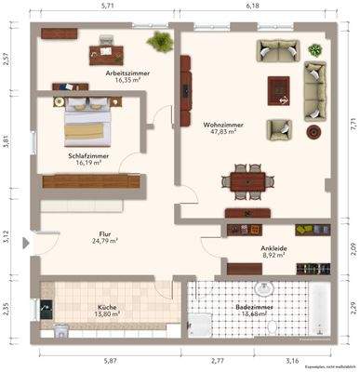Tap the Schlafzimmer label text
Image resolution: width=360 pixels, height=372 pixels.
click(x=88, y=156)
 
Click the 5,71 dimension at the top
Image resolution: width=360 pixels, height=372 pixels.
click(x=106, y=6)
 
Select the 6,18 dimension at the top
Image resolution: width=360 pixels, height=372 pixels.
click(x=251, y=6)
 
